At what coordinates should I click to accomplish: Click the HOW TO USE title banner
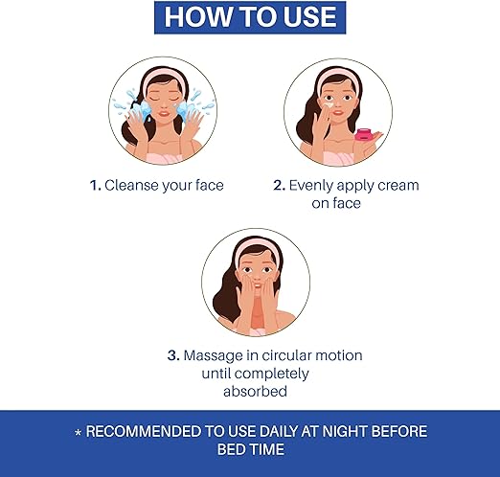point(250,17)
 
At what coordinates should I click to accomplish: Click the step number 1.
point(95,185)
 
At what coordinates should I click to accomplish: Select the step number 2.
point(279,185)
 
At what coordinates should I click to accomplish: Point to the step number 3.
point(173,355)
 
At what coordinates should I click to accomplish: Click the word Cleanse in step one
point(131,185)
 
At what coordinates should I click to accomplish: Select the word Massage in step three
point(213,356)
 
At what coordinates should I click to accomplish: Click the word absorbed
point(255,391)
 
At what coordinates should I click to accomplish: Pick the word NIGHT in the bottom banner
point(345,431)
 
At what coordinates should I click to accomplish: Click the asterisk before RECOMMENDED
point(78,433)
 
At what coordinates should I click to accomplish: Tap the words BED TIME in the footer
point(251,449)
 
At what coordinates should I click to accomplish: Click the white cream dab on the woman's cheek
point(328,104)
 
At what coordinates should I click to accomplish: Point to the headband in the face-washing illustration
point(164,79)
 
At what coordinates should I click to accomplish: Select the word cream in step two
point(398,186)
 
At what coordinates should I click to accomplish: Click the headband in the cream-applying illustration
point(339,79)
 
